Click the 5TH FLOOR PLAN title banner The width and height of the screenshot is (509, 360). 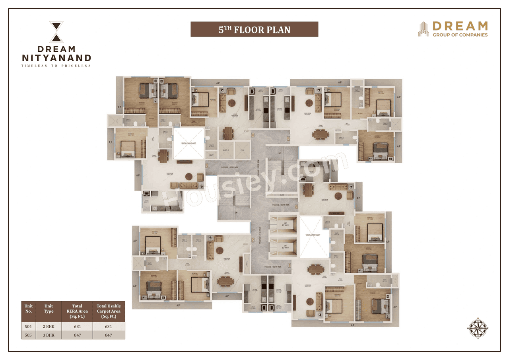click(x=254, y=29)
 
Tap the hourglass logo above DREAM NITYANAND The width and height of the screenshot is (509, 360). click(x=56, y=32)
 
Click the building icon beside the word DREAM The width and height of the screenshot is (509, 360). click(x=424, y=29)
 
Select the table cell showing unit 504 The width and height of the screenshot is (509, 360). click(x=29, y=327)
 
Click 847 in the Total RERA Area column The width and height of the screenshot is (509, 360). click(x=77, y=335)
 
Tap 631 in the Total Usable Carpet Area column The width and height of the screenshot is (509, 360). click(x=109, y=327)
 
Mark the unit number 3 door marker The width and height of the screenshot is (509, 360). click(x=207, y=167)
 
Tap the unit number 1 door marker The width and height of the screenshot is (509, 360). click(x=289, y=265)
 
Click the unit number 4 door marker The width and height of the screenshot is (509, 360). click(x=253, y=135)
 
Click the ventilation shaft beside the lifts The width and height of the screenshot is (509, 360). click(x=313, y=235)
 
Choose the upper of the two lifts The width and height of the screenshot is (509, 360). click(x=283, y=226)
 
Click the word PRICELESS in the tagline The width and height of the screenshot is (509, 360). click(x=78, y=66)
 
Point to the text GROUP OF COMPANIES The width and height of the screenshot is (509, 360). click(x=460, y=35)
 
